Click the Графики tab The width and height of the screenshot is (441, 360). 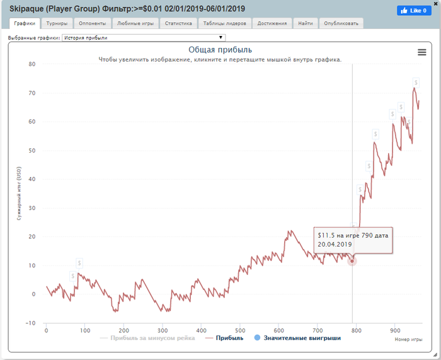[x=25, y=23]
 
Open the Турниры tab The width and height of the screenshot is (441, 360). [x=57, y=23]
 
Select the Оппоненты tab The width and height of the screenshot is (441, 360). [x=93, y=23]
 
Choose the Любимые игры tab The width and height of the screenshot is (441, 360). [x=135, y=23]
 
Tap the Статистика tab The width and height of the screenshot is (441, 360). [x=178, y=23]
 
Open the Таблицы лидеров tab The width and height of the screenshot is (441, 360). [x=225, y=23]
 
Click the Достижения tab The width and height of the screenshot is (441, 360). [x=272, y=23]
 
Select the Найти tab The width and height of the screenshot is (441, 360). [x=306, y=23]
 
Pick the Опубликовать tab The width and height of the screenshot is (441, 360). [x=341, y=23]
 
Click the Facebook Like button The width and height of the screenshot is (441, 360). [x=413, y=11]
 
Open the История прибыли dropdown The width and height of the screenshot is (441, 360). [x=144, y=38]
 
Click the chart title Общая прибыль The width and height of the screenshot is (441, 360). [x=220, y=50]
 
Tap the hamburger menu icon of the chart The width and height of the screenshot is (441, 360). [x=422, y=52]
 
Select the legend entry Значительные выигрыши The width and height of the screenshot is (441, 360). [x=297, y=339]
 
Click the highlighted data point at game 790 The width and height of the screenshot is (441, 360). [x=352, y=261]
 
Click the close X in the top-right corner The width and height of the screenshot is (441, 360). [x=435, y=4]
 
